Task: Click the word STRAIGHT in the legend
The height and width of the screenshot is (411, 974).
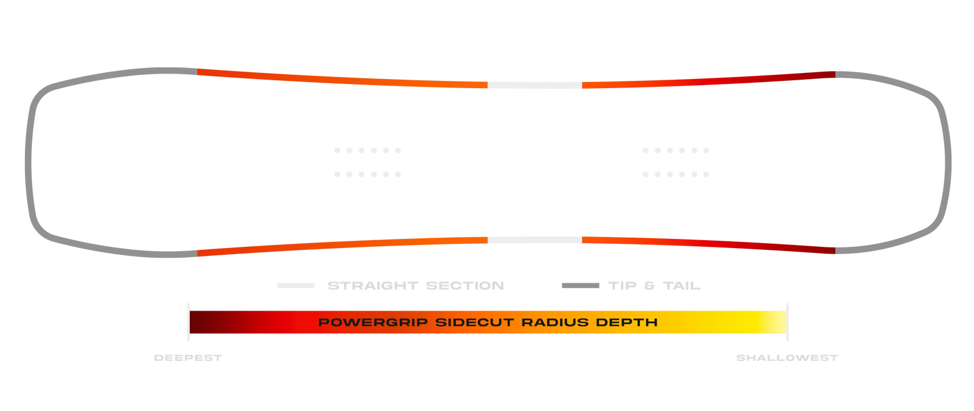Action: coord(372,286)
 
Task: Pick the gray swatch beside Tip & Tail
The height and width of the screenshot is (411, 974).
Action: coord(580,286)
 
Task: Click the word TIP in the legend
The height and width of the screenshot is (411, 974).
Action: coord(622,286)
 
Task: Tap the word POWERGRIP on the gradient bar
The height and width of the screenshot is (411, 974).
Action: coord(373,322)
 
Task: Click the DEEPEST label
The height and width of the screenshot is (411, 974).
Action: coord(188,358)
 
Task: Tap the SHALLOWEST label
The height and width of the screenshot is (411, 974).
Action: coord(787,358)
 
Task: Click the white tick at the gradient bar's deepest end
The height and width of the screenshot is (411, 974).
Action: coord(189,322)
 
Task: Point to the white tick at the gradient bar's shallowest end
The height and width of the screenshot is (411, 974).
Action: coord(788,322)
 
